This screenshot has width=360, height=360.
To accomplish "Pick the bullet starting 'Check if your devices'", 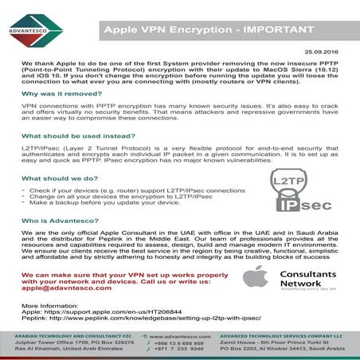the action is pyautogui.click(x=136, y=191).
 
